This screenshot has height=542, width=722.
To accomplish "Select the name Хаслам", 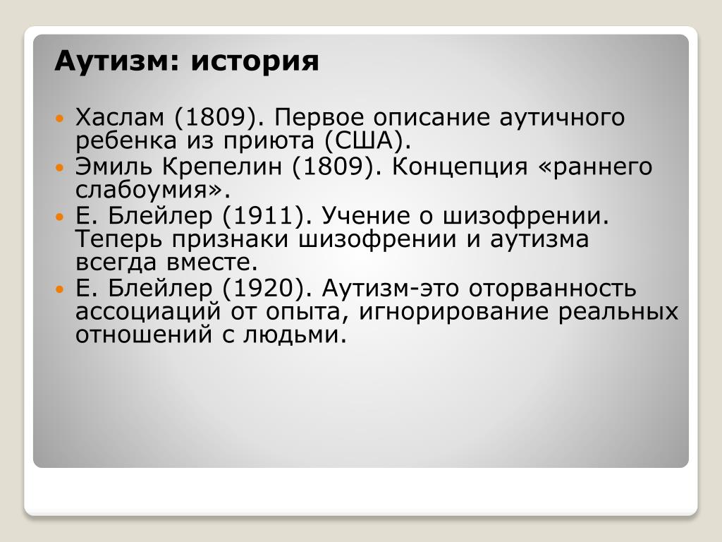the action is (120, 118).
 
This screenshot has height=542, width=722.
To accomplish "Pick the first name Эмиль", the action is (114, 167).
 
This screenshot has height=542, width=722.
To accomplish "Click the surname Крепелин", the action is (221, 167).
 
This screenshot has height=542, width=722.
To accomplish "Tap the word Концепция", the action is (460, 167).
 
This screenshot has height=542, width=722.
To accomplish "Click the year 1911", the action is (264, 215).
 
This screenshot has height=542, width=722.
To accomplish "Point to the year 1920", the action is (264, 289).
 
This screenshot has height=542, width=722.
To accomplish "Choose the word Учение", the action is (372, 215).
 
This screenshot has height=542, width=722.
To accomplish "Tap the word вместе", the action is (207, 263).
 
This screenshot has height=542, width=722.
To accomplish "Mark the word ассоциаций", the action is (148, 312).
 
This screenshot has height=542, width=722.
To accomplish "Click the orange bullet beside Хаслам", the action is (59, 119).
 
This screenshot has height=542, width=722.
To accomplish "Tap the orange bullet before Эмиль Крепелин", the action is (59, 167).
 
